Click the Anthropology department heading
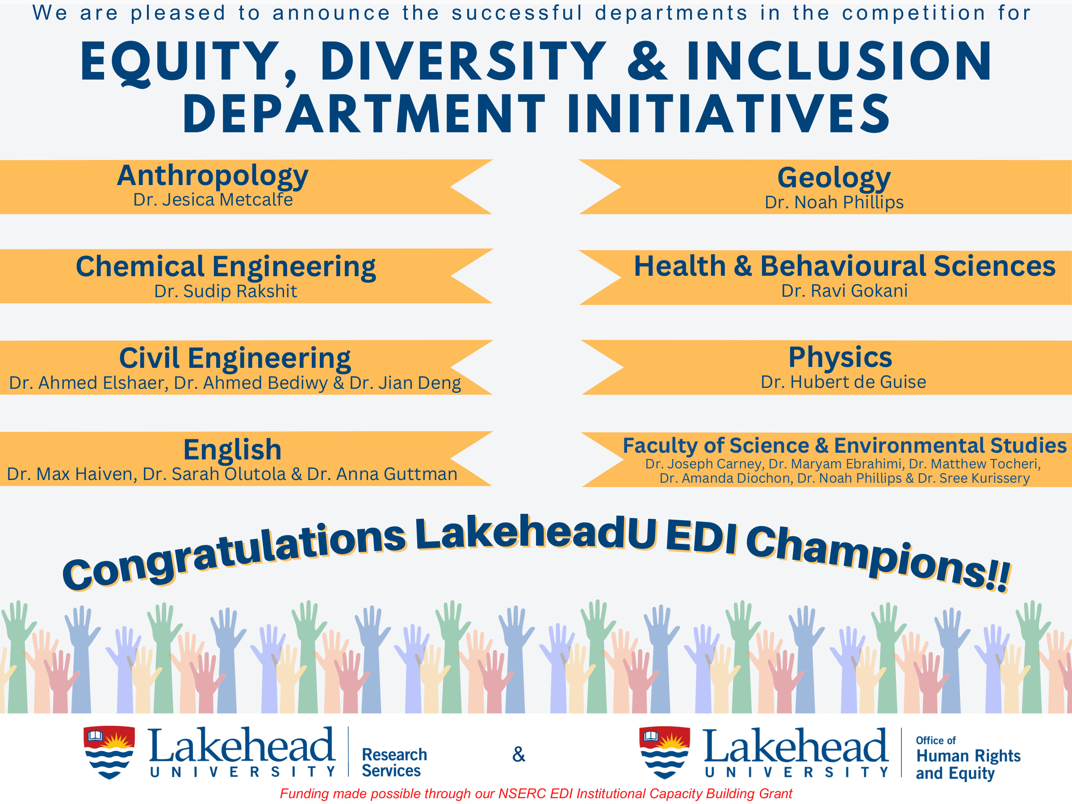pos(212,176)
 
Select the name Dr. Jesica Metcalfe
pos(213,200)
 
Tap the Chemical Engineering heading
pos(226,266)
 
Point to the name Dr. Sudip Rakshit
pos(226,291)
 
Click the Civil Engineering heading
pos(234,358)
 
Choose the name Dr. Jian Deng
pos(405,383)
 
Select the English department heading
pos(232,449)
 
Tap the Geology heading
pos(833,177)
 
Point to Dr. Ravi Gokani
pos(844,291)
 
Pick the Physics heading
pos(840,358)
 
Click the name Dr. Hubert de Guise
pos(843,382)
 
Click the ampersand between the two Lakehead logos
pos(519,754)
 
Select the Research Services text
pos(394,762)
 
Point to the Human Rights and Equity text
pos(967,764)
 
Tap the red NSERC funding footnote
pos(536,793)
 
